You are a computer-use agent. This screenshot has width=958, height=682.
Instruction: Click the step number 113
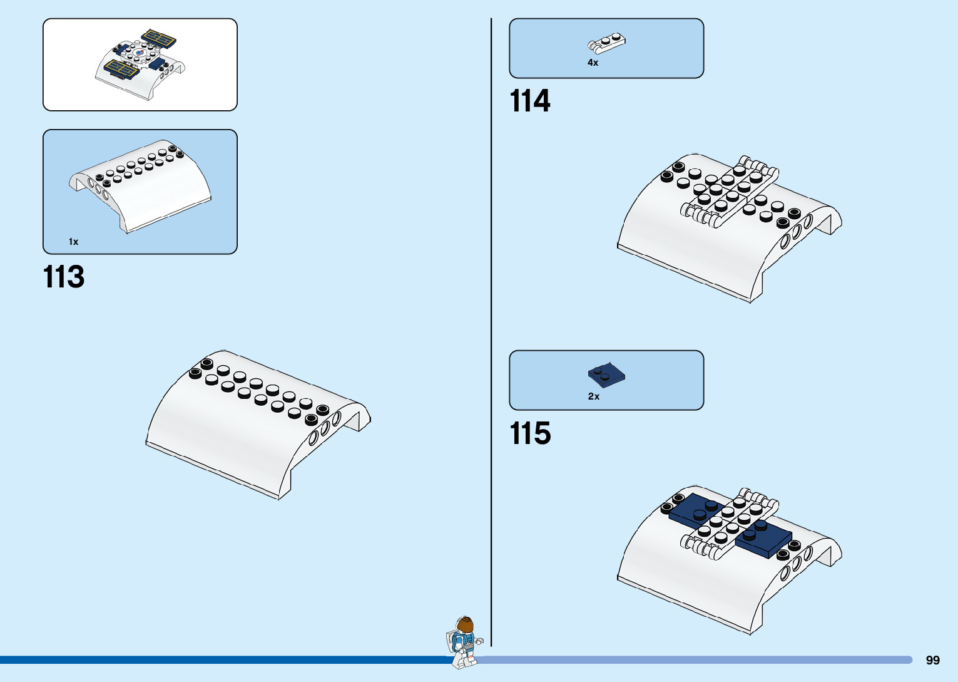pos(64,277)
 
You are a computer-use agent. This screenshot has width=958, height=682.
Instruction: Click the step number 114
pos(530,101)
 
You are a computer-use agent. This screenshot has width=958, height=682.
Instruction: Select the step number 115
pos(530,433)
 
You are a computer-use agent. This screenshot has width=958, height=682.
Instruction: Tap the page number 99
pos(932,660)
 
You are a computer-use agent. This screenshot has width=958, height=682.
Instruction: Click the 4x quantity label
pos(593,63)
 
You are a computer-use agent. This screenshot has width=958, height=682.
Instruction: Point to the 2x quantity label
pos(593,396)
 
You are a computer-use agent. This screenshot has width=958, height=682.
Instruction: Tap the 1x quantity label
pos(73,242)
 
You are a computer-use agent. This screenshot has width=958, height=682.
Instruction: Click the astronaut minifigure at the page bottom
pos(464,643)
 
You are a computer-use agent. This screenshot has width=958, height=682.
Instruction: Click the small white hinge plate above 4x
pos(606,43)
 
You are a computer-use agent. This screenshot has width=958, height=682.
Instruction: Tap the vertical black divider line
pos(491,313)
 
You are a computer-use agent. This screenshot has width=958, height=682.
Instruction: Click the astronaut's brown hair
pos(465,624)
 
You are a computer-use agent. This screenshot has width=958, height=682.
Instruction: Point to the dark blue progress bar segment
pos(219,659)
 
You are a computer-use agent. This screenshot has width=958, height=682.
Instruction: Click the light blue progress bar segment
pos(688,659)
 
